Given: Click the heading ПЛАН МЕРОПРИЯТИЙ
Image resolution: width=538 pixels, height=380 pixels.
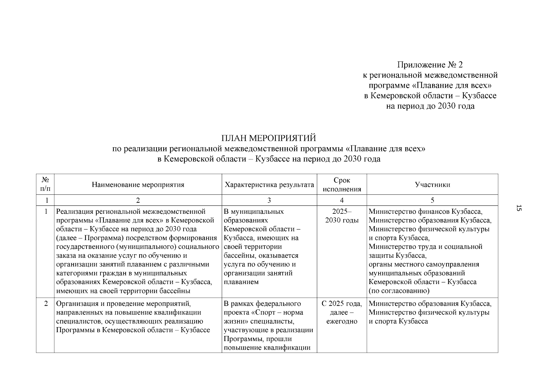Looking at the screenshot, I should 269,138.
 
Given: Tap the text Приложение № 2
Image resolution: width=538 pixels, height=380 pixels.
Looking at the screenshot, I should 430,65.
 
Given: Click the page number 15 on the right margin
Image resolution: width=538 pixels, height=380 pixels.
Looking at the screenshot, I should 519,208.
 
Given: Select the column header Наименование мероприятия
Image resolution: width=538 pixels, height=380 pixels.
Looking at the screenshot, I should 138,185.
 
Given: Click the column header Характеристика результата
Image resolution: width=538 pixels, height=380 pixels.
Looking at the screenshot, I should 269,185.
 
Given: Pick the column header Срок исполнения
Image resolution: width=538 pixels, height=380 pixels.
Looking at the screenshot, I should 342,185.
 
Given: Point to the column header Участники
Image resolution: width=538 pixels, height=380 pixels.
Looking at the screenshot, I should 432,185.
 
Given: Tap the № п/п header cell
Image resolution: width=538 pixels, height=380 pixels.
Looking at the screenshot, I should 45,184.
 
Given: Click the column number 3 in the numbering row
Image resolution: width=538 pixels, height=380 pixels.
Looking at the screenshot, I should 269,200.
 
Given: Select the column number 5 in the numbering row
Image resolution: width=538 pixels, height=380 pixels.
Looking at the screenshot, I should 432,200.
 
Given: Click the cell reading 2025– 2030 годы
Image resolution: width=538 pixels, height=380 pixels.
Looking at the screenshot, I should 342,216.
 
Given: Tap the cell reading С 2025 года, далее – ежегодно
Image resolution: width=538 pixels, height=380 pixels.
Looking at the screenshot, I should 342,312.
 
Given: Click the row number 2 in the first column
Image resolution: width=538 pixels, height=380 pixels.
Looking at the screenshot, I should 46,304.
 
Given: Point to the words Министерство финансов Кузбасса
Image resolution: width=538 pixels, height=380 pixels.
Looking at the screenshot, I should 425,212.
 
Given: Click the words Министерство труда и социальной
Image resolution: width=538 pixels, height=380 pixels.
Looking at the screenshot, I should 425,247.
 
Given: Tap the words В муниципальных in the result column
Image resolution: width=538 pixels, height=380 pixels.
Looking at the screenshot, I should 254,212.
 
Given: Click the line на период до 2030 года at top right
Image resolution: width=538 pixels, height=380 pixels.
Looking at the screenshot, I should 430,106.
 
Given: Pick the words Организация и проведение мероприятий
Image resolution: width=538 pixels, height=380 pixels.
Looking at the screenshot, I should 123,304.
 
